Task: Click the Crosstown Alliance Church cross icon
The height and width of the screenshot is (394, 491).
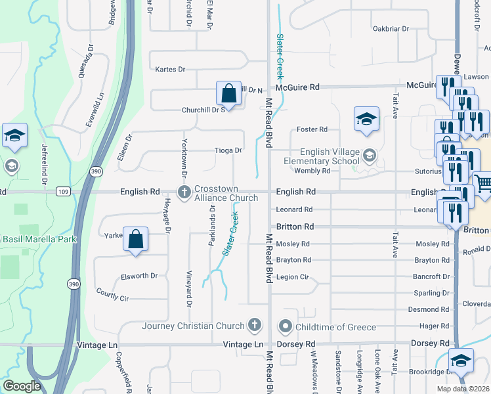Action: point(184,192)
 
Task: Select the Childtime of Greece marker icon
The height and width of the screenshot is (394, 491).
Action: point(286,326)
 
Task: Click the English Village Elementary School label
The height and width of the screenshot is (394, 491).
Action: point(322,156)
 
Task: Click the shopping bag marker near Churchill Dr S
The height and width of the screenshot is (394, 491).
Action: point(228,94)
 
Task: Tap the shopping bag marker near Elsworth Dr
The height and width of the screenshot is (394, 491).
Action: point(135,240)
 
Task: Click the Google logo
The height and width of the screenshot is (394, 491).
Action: point(22,386)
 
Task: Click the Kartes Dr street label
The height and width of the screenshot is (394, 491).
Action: point(170,69)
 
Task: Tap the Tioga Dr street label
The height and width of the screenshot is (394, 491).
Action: point(228,150)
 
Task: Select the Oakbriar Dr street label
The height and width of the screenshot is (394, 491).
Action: point(391,29)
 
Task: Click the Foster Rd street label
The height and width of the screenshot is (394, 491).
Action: point(312,129)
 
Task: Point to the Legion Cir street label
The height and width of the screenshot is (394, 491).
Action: point(293,276)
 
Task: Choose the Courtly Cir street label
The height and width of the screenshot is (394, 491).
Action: point(112,294)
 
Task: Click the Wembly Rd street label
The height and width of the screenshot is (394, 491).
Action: point(312,171)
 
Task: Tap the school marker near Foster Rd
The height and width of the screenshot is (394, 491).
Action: point(366,119)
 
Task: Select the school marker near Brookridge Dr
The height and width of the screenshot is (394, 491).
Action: point(461,361)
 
